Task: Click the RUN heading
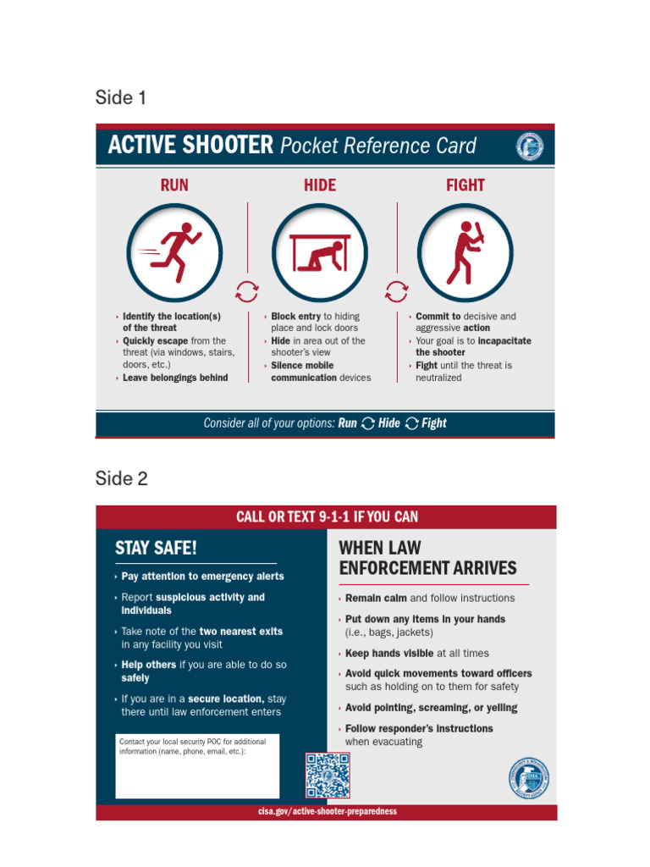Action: (174, 185)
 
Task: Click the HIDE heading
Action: (320, 185)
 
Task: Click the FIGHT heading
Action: (465, 185)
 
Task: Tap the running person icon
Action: (174, 251)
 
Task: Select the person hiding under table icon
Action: (320, 251)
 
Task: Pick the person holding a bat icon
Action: (465, 251)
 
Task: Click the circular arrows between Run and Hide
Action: (246, 292)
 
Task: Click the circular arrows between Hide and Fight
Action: (395, 292)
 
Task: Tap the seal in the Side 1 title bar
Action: (530, 146)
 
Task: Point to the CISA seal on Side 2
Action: (529, 778)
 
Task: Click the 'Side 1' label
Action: (121, 98)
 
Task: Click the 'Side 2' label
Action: (122, 479)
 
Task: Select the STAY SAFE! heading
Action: (156, 548)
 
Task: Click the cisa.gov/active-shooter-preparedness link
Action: (328, 811)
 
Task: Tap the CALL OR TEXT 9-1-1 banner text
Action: (327, 517)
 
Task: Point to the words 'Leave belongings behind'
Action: (175, 378)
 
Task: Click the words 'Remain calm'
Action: (376, 598)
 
